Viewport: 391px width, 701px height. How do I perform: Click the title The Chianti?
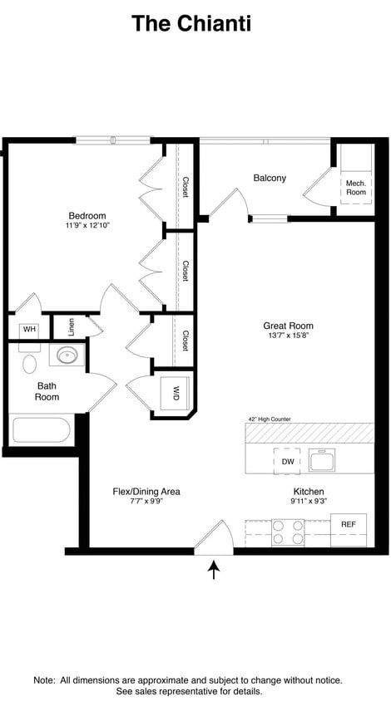191,24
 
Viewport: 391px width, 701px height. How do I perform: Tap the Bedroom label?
87,215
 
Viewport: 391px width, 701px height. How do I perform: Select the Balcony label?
270,178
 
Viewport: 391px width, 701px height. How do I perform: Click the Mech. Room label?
356,187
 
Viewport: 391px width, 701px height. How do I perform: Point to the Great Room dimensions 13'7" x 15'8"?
288,336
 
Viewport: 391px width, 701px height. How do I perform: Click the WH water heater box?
30,330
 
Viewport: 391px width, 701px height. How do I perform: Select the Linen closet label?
72,326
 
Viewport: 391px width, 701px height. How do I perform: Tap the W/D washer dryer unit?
176,391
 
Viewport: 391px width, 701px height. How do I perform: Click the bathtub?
42,430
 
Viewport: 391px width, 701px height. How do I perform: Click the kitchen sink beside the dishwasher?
321,460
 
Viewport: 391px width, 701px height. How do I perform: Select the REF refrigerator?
348,525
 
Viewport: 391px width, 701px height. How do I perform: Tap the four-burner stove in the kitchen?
288,532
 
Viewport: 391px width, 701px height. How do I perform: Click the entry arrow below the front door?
215,570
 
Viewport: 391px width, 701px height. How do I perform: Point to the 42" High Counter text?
269,419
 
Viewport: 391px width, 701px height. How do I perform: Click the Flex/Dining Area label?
146,492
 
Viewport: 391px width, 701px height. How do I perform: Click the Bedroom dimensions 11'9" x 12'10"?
87,225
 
